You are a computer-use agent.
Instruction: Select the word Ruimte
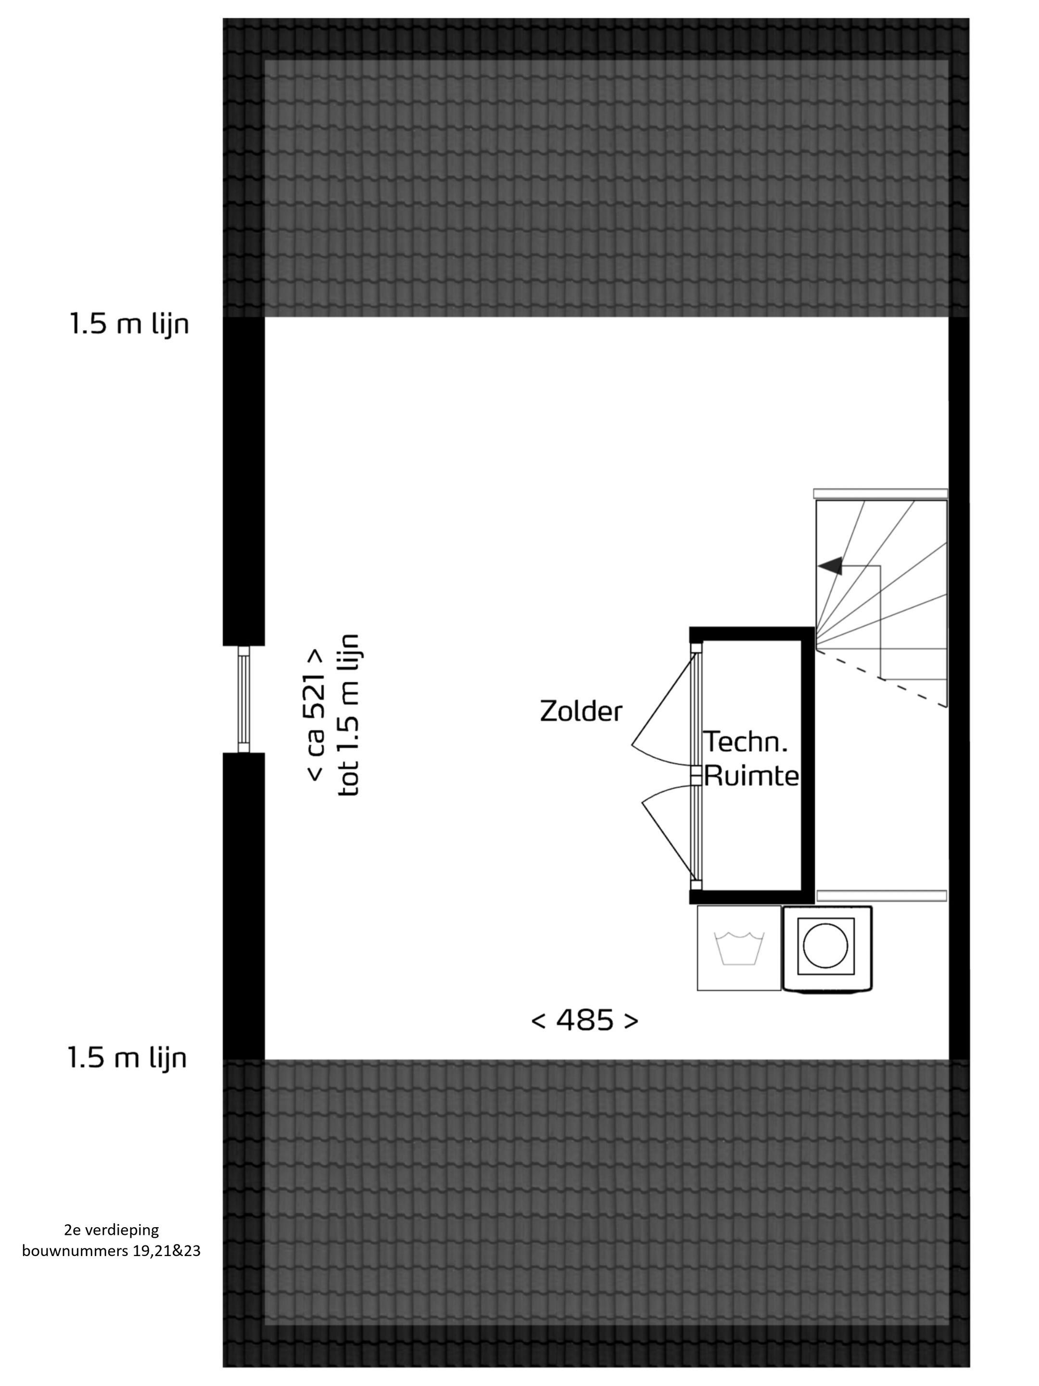[751, 776]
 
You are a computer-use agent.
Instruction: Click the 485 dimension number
[584, 1020]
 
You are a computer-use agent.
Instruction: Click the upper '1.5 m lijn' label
[129, 324]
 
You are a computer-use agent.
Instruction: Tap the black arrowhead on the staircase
[830, 566]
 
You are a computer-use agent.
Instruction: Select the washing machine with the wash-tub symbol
[739, 948]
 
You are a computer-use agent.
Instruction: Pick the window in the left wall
[243, 699]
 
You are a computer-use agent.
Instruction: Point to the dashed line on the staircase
[881, 679]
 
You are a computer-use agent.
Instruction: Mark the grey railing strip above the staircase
[881, 494]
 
